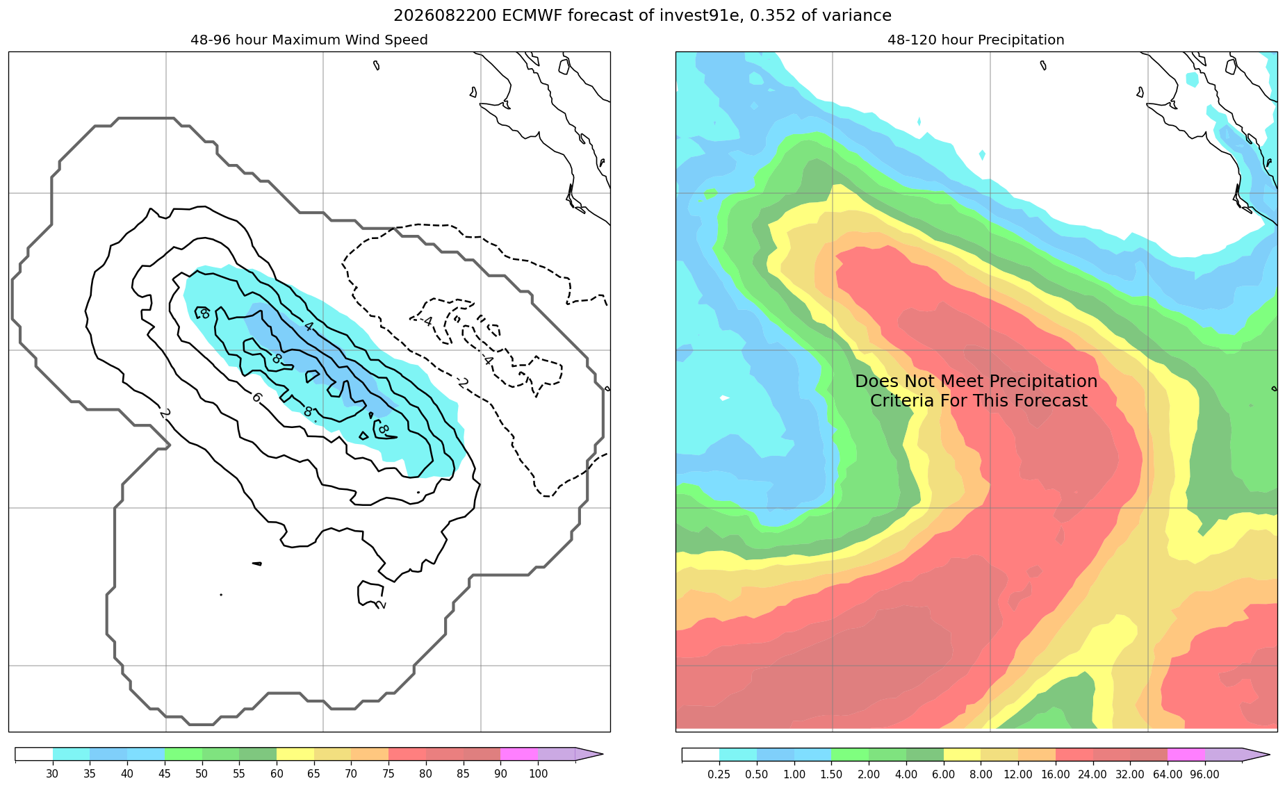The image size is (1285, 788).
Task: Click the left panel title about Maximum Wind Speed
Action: (309, 40)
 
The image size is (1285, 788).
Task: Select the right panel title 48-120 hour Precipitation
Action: (976, 40)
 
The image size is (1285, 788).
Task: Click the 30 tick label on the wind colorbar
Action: (52, 774)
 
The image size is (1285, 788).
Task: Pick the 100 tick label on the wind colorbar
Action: (538, 774)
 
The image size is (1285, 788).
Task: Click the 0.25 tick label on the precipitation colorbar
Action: (719, 774)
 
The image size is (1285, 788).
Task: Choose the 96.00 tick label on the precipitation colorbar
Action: (1204, 774)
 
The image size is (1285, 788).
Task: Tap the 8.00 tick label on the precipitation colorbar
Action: (981, 774)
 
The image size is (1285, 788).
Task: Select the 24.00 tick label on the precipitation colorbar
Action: (1092, 774)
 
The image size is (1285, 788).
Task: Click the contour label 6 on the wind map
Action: (257, 397)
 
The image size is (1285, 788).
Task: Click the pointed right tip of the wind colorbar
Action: (603, 755)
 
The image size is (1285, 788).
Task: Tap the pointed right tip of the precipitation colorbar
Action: (1269, 755)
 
